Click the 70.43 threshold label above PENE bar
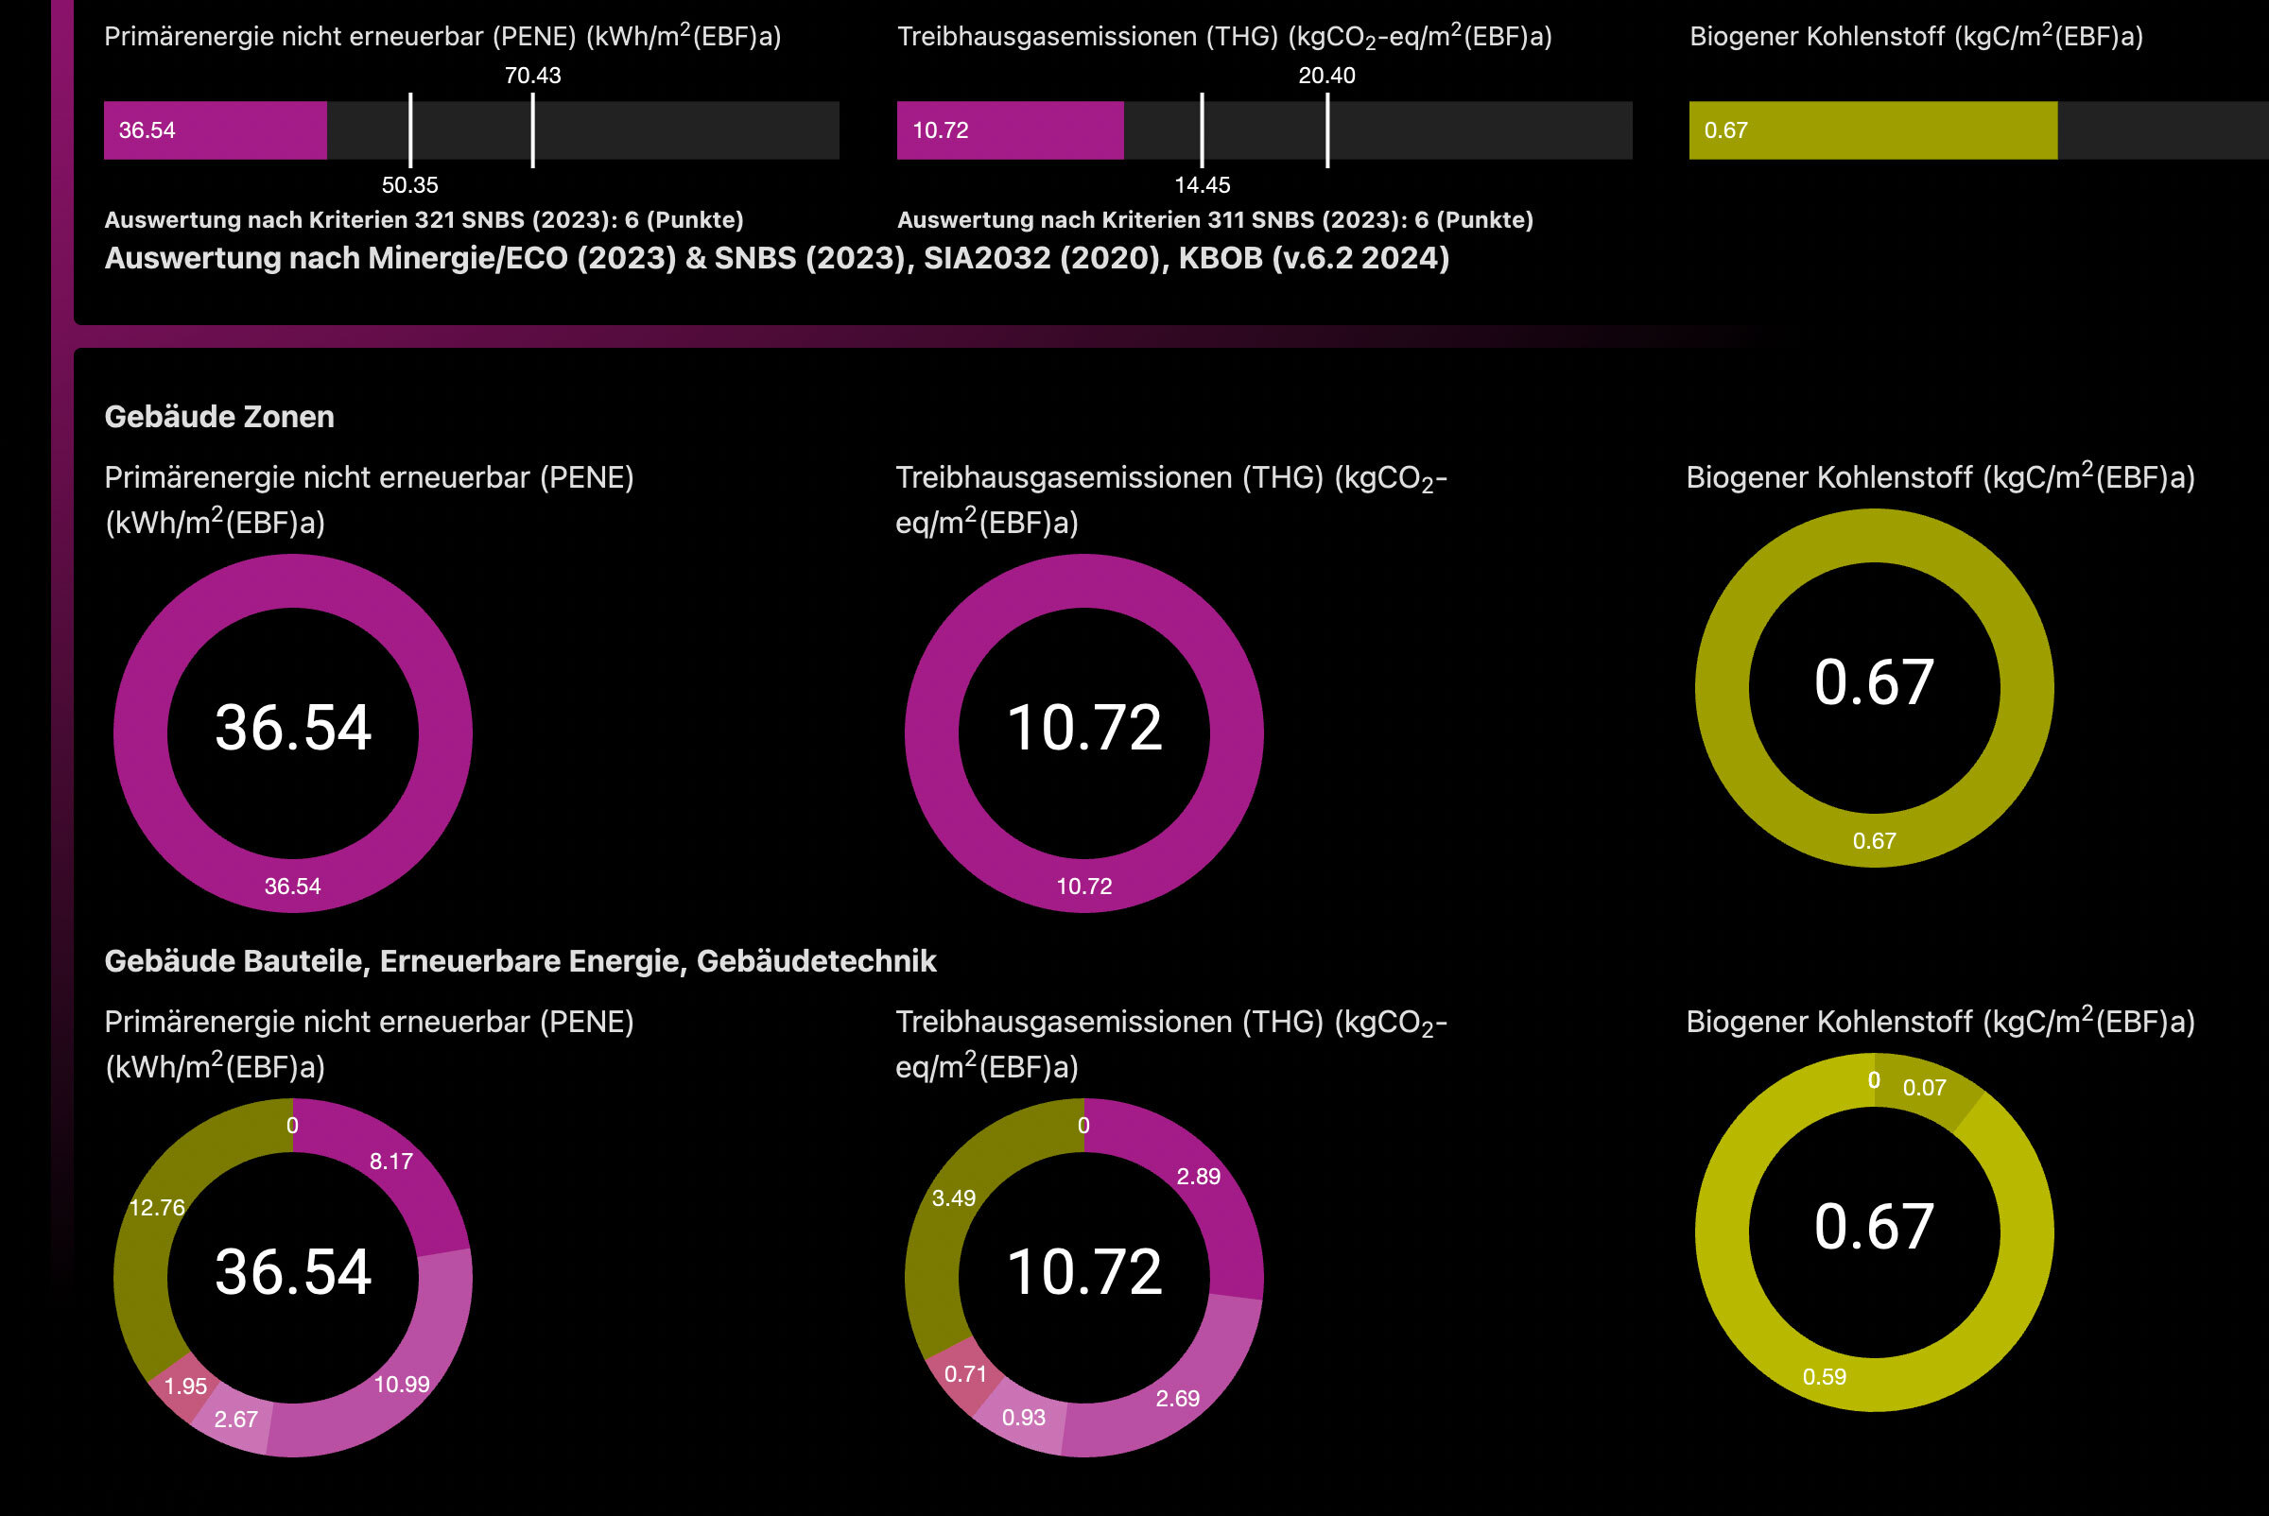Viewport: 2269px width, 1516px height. (532, 76)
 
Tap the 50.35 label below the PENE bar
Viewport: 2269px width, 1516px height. (409, 184)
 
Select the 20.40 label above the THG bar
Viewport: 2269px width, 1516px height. (1326, 76)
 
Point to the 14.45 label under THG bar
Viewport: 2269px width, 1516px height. (1202, 184)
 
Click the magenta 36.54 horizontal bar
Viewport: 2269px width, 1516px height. (215, 130)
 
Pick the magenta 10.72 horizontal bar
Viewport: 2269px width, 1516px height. (1009, 130)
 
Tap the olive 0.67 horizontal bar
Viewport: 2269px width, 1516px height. (1872, 130)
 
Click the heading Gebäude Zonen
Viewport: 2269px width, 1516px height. (218, 417)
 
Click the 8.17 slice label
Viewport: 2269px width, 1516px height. (390, 1163)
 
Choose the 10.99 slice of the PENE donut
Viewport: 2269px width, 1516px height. (402, 1385)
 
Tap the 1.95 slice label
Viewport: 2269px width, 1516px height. (184, 1387)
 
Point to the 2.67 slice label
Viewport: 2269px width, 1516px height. (235, 1420)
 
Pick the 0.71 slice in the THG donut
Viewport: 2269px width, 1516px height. (964, 1374)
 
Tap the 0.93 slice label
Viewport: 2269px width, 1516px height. (1022, 1418)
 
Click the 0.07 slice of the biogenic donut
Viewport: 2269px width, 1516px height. (1924, 1088)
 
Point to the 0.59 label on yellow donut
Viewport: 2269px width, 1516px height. (1823, 1377)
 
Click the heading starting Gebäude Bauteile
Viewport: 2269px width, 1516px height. (519, 961)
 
